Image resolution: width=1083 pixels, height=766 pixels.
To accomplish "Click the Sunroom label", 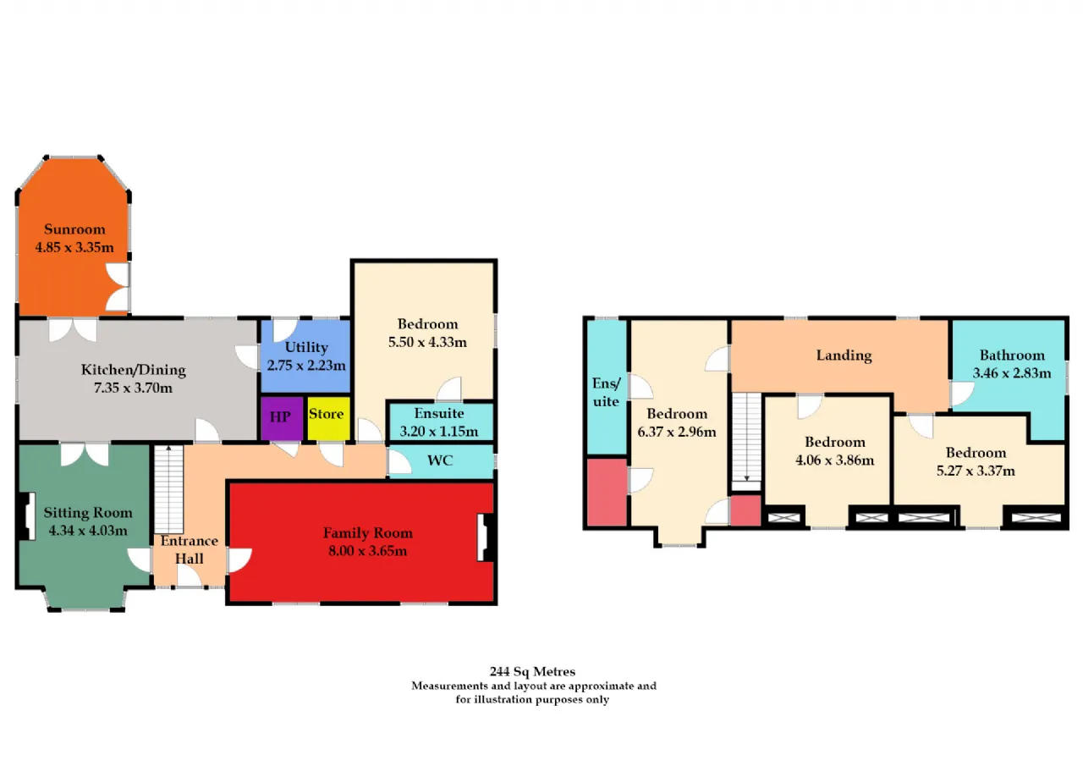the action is click(x=74, y=229).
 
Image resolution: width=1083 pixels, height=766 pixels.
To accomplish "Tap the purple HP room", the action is click(x=282, y=419).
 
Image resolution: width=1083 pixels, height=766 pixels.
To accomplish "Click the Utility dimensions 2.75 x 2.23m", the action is click(x=306, y=365).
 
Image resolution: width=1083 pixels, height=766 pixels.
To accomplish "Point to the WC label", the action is click(x=440, y=460).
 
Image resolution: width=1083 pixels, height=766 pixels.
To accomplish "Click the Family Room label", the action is click(x=367, y=533).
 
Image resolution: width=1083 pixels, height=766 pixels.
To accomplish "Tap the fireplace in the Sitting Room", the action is click(x=27, y=516).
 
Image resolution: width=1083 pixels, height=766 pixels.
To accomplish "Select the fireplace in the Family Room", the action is click(x=486, y=537).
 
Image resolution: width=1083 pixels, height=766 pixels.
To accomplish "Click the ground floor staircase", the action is click(x=168, y=489).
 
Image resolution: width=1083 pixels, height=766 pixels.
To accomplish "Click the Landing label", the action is click(x=844, y=355).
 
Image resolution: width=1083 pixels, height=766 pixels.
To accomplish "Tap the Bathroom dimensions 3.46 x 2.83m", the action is click(x=1011, y=373).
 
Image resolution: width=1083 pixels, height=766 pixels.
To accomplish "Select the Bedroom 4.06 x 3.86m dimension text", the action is click(x=834, y=460).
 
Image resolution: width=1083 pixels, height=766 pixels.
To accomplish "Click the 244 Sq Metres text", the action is click(x=532, y=671).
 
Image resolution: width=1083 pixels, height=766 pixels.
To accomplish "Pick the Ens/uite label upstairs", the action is click(x=607, y=392).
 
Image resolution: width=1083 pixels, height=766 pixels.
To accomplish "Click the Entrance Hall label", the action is click(x=189, y=550).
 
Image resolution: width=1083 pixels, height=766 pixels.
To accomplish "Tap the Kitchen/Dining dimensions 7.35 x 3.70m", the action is click(x=133, y=388).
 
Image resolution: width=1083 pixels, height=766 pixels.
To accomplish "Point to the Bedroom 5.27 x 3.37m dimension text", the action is click(x=976, y=471).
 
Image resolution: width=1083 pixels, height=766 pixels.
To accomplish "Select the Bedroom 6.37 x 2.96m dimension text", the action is click(x=676, y=432).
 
